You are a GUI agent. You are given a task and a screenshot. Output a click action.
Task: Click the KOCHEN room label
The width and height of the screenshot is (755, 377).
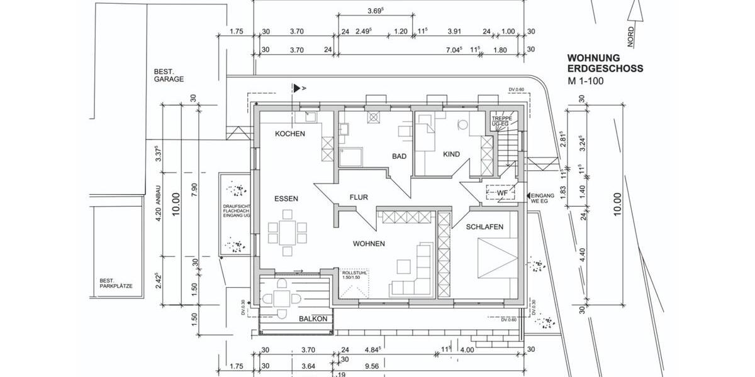tap(290, 134)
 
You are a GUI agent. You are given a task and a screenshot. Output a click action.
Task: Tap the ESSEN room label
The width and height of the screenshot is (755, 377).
tap(286, 199)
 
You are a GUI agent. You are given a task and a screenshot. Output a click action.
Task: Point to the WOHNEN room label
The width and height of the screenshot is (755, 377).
tap(369, 244)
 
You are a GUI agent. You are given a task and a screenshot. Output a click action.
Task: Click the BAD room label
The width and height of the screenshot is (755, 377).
tap(400, 156)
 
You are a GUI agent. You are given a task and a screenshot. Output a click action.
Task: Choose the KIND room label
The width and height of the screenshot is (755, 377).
tap(452, 154)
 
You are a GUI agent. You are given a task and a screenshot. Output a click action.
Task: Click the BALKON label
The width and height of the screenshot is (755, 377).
tap(313, 319)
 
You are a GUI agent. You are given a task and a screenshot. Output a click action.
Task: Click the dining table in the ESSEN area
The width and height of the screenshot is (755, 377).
tap(288, 233)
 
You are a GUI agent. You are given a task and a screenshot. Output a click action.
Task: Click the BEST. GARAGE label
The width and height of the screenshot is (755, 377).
tap(169, 75)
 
